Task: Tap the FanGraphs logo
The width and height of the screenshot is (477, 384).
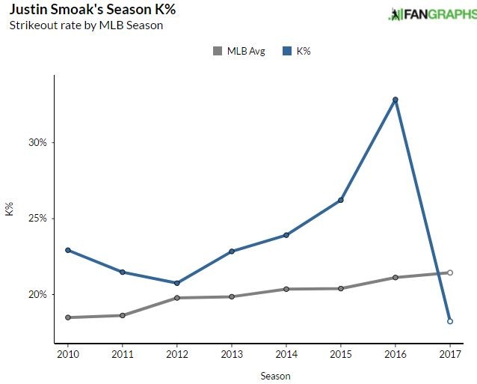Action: [431, 14]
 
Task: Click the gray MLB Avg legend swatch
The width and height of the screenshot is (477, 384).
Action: [218, 51]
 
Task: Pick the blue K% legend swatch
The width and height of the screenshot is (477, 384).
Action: [286, 51]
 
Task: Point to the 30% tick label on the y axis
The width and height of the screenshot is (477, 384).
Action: [37, 142]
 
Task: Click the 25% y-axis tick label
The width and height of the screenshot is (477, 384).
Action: [37, 219]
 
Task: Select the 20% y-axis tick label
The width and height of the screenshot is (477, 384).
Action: [37, 294]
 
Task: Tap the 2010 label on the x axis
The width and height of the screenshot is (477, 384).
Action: [67, 354]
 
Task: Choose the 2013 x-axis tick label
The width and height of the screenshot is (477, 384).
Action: [232, 354]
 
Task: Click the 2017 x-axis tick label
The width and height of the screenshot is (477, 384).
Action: [450, 354]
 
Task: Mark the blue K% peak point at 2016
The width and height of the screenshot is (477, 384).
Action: [396, 100]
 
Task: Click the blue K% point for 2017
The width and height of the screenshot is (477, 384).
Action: [450, 321]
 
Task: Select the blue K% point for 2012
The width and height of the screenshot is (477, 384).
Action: [177, 283]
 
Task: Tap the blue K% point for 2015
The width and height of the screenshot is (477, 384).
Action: [341, 200]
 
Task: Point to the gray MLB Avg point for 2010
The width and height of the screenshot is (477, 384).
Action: [68, 317]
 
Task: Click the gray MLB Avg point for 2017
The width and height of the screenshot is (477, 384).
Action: [450, 272]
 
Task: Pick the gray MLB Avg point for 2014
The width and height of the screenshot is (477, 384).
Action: [286, 289]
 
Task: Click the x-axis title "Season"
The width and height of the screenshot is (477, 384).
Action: [276, 376]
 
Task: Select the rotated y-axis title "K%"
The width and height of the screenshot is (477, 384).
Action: [10, 210]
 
